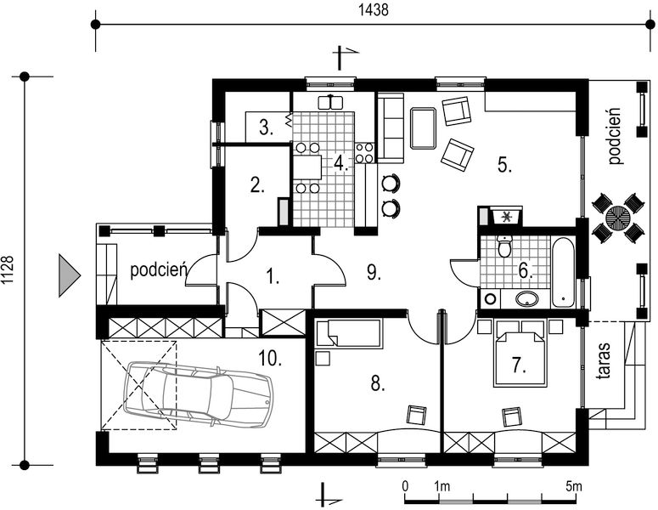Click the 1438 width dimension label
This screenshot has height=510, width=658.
(373, 10)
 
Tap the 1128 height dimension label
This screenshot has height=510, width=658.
(8, 271)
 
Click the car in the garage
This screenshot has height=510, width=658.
(198, 394)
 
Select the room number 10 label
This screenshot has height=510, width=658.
(270, 359)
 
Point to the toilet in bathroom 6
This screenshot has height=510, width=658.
(504, 246)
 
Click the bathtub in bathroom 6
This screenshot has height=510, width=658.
(563, 273)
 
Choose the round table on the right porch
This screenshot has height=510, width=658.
(618, 218)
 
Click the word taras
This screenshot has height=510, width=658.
(603, 361)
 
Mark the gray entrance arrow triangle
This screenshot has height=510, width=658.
(69, 275)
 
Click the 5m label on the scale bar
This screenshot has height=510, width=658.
(574, 487)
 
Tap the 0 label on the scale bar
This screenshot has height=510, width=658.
(405, 486)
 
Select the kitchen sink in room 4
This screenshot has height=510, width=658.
(330, 102)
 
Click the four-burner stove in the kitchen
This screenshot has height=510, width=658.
(364, 153)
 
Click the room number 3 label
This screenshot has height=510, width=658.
(266, 127)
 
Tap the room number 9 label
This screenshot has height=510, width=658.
(374, 273)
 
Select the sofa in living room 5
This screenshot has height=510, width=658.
(391, 127)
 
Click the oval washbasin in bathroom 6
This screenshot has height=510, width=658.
(526, 298)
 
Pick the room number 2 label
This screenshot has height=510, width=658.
(257, 185)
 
